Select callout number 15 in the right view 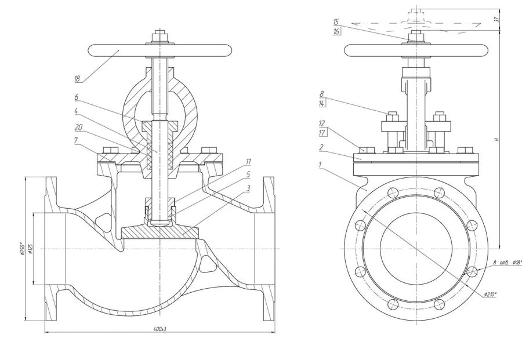[x=336, y=22]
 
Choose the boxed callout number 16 [x=336, y=31]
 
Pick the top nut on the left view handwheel [x=159, y=39]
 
